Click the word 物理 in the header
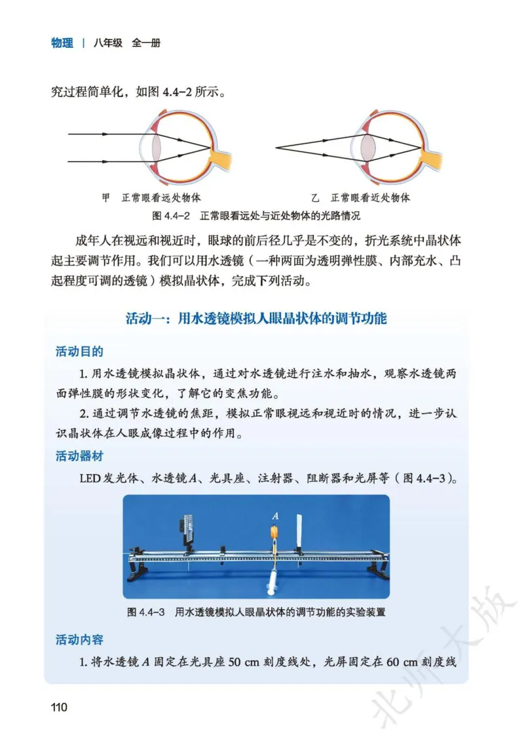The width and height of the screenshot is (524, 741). tap(62, 43)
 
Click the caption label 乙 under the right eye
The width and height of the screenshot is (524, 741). tap(315, 197)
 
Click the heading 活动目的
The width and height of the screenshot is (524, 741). tap(79, 352)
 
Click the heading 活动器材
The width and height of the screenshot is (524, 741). tap(79, 456)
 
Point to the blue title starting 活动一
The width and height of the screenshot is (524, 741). tap(256, 319)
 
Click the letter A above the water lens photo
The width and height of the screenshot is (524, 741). tap(275, 516)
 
